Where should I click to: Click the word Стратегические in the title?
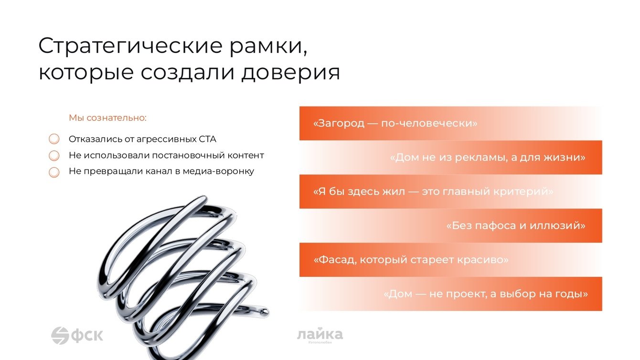[130, 46]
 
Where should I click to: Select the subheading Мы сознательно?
[108, 118]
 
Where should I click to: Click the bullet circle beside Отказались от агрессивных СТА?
[54, 139]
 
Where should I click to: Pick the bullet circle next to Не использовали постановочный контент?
[54, 156]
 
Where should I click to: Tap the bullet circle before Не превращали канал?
[54, 172]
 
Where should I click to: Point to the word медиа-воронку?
[218, 171]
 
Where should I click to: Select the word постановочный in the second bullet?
[188, 156]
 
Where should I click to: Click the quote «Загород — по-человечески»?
[395, 123]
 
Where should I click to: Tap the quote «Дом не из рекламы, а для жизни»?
[488, 158]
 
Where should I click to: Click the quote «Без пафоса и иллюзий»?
[516, 226]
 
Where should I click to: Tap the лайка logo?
[320, 335]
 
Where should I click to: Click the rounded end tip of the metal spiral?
[266, 311]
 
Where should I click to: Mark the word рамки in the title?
[268, 46]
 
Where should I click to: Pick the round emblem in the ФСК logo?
[60, 336]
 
